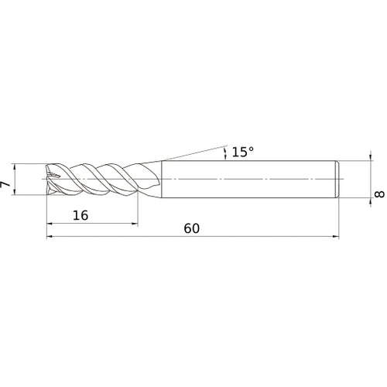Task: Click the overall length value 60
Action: coord(193,229)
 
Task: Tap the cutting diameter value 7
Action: coord(6,185)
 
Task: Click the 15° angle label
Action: coord(241,152)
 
